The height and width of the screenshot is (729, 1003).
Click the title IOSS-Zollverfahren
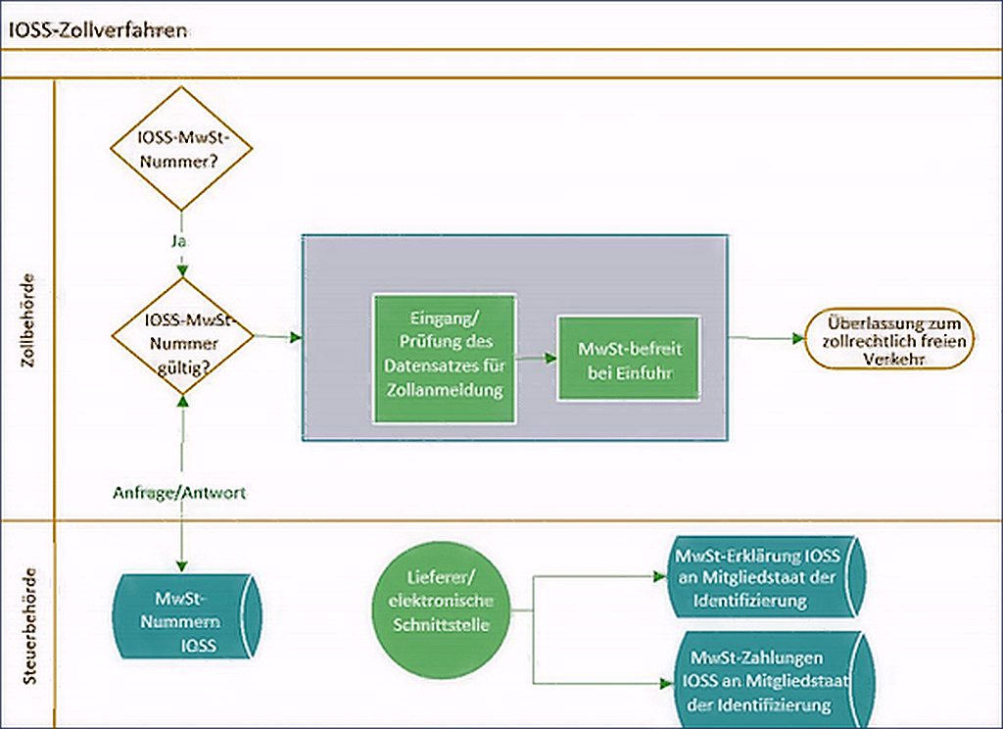pyautogui.click(x=98, y=30)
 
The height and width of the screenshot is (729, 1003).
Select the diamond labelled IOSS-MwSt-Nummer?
pyautogui.click(x=181, y=149)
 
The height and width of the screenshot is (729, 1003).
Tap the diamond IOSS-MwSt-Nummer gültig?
pyautogui.click(x=183, y=336)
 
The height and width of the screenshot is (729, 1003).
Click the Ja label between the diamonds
pyautogui.click(x=180, y=241)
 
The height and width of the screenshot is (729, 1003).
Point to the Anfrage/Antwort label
pyautogui.click(x=179, y=492)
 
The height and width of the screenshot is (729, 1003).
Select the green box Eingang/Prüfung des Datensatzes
pyautogui.click(x=445, y=359)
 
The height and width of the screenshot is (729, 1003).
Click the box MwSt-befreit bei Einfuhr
pyautogui.click(x=630, y=359)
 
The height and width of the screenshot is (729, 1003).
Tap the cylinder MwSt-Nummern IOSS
pyautogui.click(x=187, y=615)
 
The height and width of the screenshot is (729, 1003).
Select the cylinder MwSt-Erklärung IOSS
pyautogui.click(x=765, y=577)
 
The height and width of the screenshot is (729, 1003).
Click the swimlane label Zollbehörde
pyautogui.click(x=28, y=320)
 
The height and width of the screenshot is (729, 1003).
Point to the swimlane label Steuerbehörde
pyautogui.click(x=28, y=625)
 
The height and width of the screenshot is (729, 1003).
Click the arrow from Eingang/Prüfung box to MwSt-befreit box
pyautogui.click(x=536, y=359)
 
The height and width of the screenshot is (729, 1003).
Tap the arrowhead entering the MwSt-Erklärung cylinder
pyautogui.click(x=660, y=576)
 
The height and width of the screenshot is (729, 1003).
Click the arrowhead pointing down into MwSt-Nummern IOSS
pyautogui.click(x=182, y=565)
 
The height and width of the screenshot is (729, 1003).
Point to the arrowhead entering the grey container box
pyautogui.click(x=296, y=337)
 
